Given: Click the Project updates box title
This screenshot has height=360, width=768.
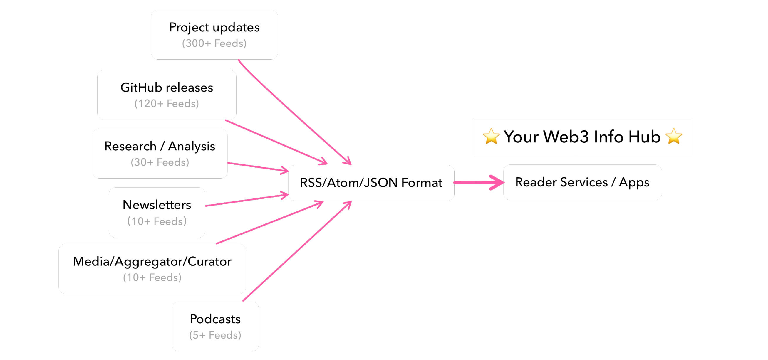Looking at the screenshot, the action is click(214, 27).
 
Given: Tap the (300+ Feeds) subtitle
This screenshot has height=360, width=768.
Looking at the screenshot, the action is click(214, 43).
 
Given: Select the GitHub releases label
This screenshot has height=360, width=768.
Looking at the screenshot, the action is click(167, 88).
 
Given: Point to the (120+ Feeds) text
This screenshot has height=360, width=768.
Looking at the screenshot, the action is click(167, 103).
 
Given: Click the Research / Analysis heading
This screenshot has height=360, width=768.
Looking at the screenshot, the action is click(160, 146).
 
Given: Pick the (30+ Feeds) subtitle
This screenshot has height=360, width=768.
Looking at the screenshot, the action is click(160, 162).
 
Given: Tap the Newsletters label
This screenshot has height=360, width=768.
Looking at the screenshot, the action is click(157, 205).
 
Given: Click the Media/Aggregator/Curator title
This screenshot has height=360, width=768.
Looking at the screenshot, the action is click(152, 262).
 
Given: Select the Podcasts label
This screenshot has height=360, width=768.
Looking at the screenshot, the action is click(215, 319).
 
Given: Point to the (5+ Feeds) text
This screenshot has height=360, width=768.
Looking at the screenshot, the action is click(215, 335).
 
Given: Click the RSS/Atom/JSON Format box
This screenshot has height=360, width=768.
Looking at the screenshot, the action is click(371, 183).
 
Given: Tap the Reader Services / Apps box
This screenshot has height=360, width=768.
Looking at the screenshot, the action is click(582, 182).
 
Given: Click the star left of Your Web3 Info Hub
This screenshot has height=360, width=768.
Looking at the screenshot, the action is click(491, 137).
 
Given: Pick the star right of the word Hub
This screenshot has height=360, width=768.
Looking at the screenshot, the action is click(673, 137).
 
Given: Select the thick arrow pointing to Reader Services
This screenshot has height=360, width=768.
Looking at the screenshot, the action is click(479, 182).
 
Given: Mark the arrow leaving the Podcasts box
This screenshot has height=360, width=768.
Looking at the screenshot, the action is click(297, 251).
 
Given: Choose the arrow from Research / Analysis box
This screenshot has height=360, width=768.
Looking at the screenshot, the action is click(258, 167).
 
